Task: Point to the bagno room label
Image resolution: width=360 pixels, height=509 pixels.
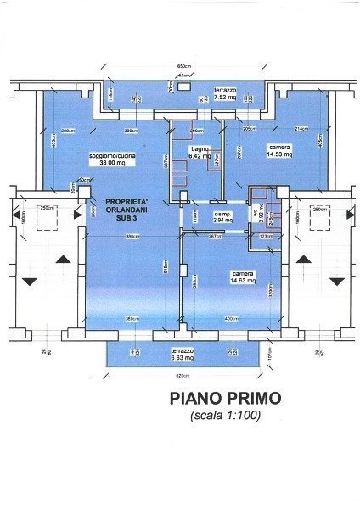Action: point(200,149)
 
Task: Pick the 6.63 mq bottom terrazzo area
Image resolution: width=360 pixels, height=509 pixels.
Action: point(182,357)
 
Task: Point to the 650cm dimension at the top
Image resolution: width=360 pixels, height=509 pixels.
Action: point(182,65)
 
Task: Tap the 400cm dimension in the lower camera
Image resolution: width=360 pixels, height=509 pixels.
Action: point(233,318)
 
